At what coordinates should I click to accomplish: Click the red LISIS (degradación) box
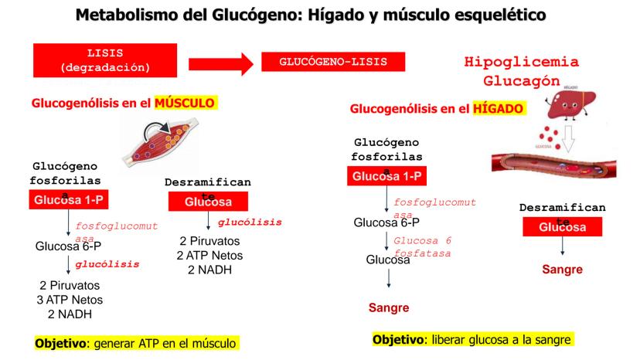[100, 60]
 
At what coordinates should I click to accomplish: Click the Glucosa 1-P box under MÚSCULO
[67, 202]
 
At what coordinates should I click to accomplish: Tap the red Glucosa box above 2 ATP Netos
[208, 202]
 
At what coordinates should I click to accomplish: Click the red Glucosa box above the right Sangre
[562, 227]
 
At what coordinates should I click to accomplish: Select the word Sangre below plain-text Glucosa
[387, 308]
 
